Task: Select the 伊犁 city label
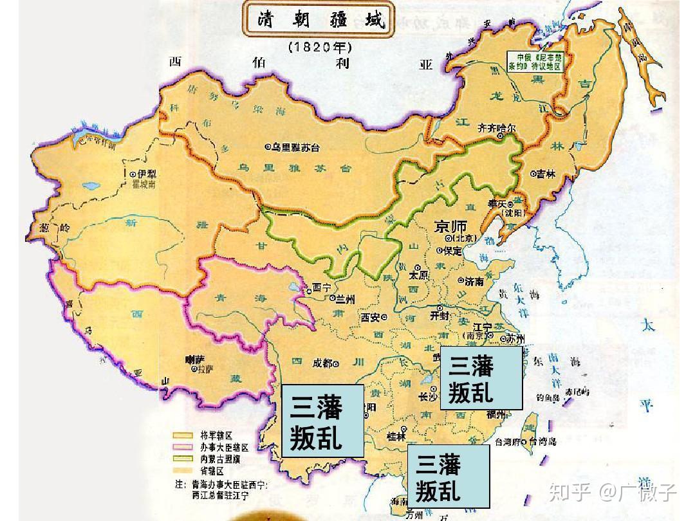(x=143, y=174)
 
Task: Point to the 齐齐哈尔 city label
(x=496, y=129)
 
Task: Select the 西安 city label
(x=373, y=316)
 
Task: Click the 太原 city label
(x=418, y=275)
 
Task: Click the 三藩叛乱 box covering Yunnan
(x=322, y=421)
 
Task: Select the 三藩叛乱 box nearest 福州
(x=480, y=378)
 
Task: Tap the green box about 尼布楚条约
(x=534, y=61)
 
